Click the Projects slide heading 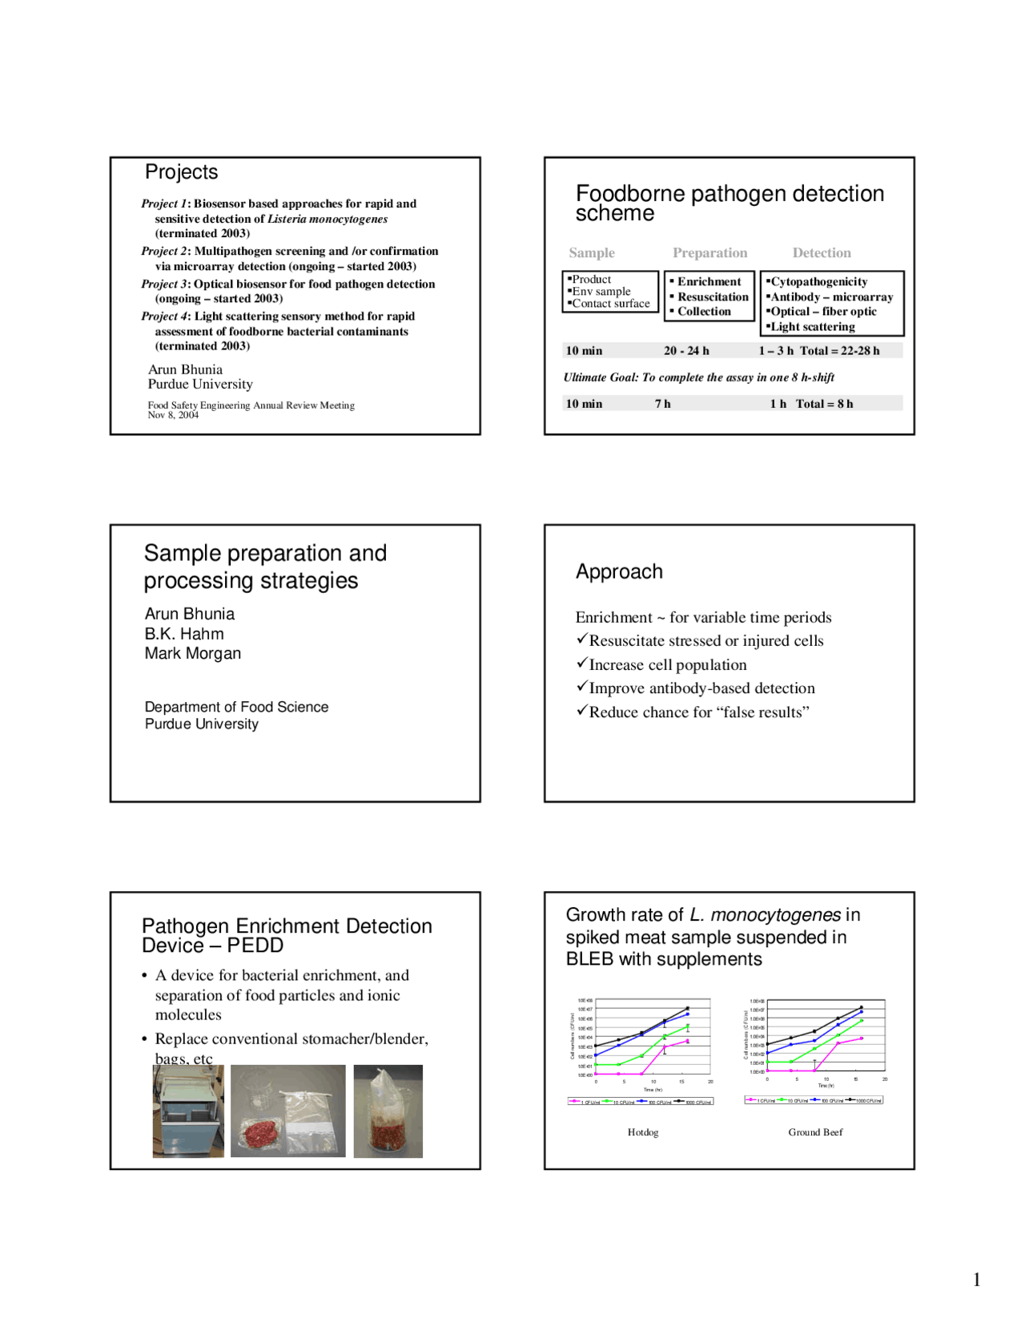click(181, 172)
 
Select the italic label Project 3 click(164, 284)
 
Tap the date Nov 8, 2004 click(173, 415)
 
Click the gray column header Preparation click(709, 253)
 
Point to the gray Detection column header click(822, 253)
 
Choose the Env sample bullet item click(601, 292)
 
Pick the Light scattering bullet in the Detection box click(812, 327)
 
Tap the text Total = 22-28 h click(839, 351)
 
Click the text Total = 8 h click(824, 404)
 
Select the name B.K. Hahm click(184, 634)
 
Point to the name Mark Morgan click(192, 654)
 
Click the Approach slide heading click(619, 572)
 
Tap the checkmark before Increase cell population click(582, 663)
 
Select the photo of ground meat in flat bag click(287, 1111)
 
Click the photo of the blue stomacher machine click(188, 1111)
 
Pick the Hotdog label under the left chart click(643, 1132)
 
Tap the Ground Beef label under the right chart click(815, 1132)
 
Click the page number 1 click(976, 1280)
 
